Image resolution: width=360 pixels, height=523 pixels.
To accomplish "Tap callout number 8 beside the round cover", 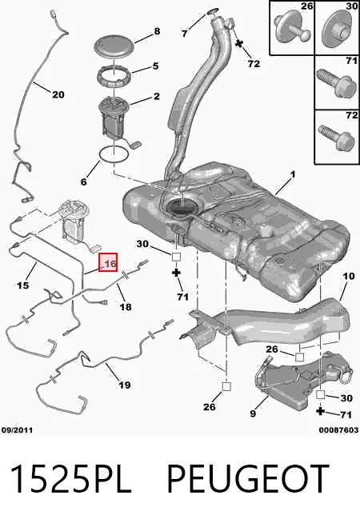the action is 157,31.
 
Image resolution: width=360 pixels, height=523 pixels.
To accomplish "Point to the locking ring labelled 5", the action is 114,76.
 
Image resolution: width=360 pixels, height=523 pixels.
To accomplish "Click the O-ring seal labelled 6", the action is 114,154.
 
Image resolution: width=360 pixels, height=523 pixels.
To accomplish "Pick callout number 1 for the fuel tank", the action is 293,175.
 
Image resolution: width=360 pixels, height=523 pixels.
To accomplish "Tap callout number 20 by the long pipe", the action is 58,94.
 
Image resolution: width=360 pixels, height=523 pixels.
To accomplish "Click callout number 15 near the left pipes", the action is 22,285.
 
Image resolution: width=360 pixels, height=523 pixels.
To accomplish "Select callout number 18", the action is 126,306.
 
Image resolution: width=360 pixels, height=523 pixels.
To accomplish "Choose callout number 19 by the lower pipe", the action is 125,385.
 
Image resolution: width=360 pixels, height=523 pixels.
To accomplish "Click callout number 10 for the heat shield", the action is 348,277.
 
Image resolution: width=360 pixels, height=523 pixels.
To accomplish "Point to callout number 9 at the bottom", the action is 253,413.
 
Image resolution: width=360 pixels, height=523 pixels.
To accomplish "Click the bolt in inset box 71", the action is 336,83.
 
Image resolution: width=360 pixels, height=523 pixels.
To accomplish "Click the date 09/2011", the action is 18,430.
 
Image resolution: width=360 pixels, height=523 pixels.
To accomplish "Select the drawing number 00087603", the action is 338,430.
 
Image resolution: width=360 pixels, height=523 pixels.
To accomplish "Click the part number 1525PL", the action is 70,478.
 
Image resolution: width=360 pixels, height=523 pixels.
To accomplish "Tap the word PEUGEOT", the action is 248,478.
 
